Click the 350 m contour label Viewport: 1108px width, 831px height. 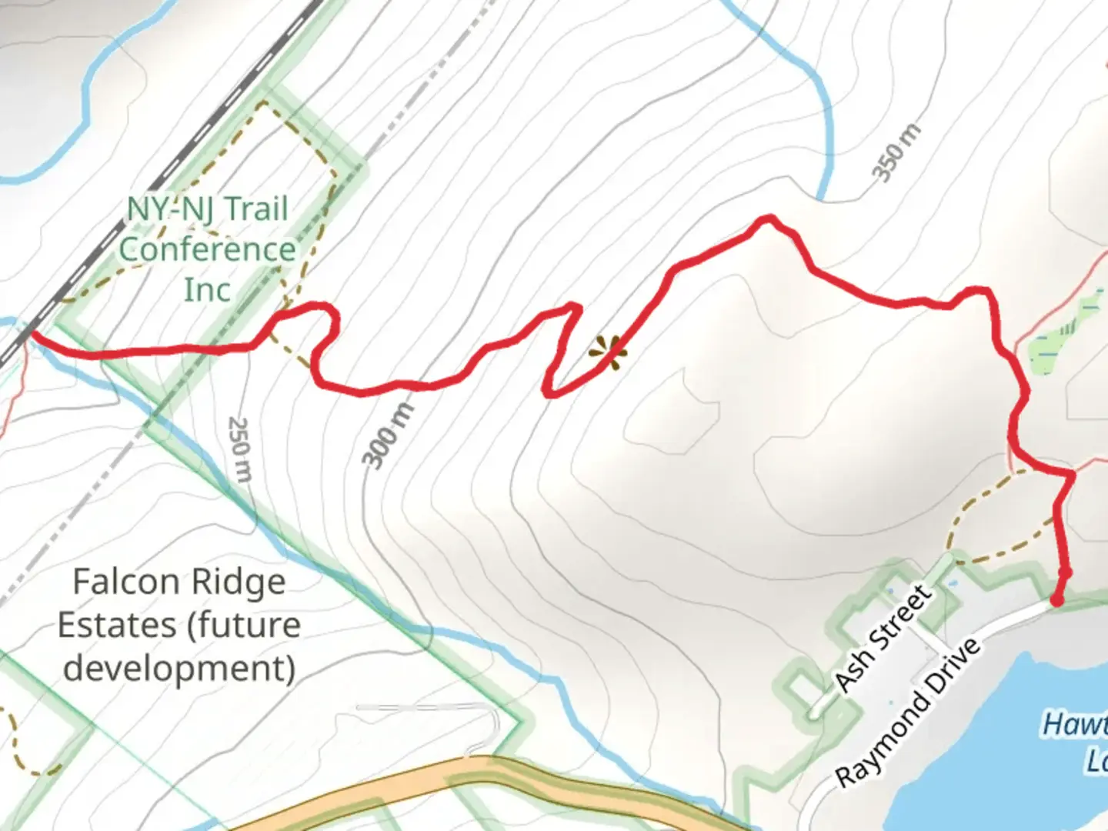[x=896, y=152]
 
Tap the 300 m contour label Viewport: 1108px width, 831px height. [x=389, y=436]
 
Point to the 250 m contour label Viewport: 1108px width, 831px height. [x=240, y=449]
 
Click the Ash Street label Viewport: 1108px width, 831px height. [x=883, y=638]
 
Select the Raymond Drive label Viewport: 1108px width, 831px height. [x=909, y=712]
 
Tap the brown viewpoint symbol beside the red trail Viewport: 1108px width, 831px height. [x=608, y=352]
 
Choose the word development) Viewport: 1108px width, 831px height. [x=179, y=668]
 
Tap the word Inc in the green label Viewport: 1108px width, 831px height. [x=207, y=290]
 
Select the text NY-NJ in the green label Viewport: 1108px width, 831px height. [x=169, y=209]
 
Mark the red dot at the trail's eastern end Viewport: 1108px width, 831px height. [x=1058, y=599]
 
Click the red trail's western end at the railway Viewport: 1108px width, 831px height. [x=32, y=332]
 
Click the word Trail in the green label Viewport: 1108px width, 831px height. [x=256, y=209]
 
